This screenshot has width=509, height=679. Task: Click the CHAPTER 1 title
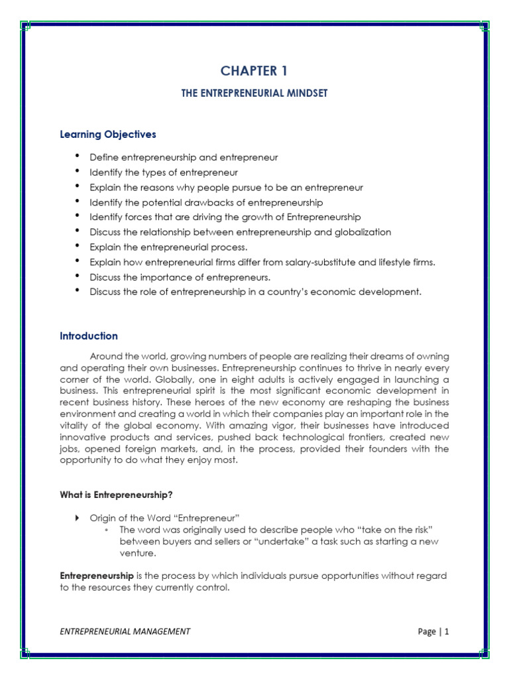pos(254,70)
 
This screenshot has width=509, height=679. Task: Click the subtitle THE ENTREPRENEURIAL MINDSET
pos(254,94)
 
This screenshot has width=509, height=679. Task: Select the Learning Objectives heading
pos(108,135)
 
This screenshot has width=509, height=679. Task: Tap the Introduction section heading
pos(89,336)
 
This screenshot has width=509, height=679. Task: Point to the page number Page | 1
pos(433,631)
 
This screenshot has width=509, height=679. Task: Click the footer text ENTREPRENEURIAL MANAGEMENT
pos(125,631)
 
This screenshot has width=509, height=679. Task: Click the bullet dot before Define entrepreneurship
pos(78,157)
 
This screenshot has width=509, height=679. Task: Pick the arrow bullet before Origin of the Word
pos(77,517)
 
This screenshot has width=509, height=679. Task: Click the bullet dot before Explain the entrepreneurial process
pos(78,247)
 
